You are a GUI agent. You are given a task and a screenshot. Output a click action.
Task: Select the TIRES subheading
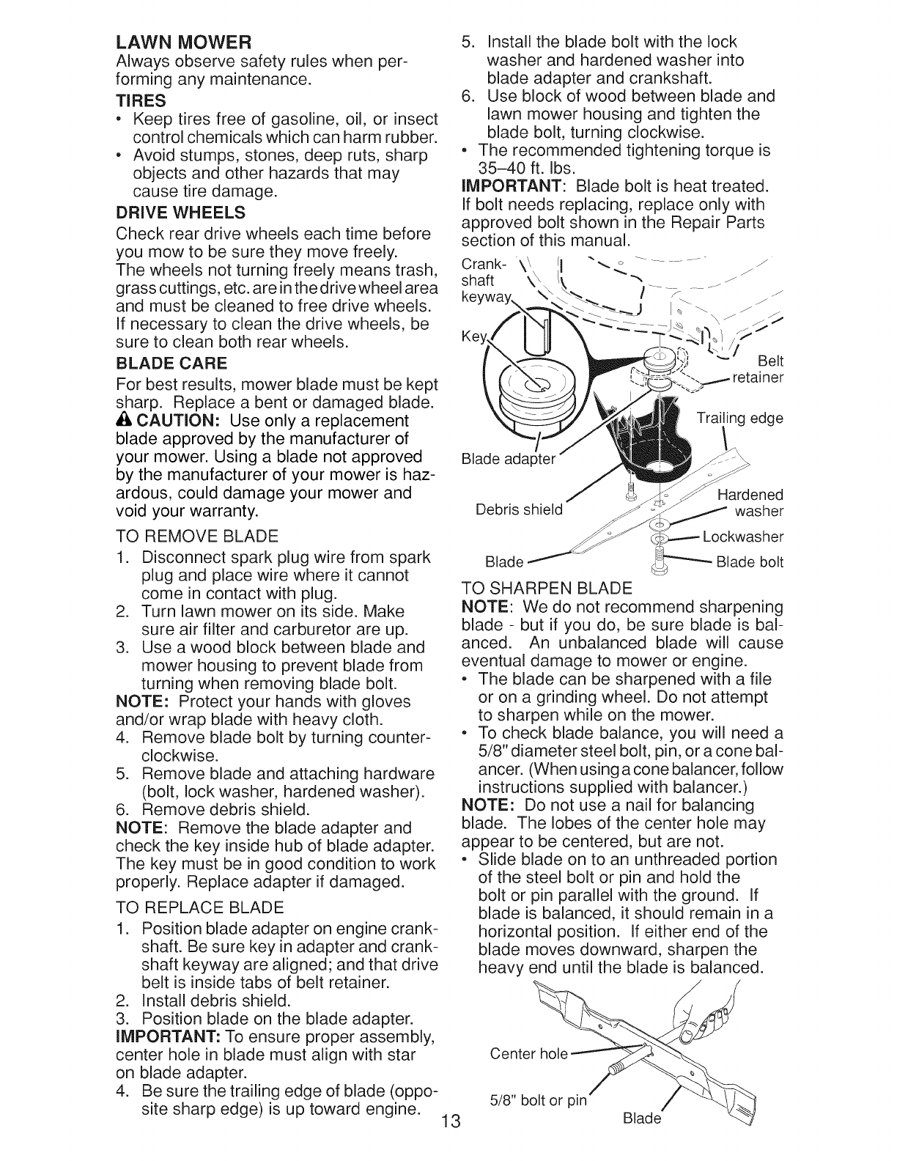click(x=141, y=100)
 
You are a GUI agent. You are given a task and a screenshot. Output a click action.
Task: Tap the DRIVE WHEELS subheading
click(x=180, y=213)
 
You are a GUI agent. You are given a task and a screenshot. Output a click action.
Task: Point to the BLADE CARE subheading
click(x=171, y=364)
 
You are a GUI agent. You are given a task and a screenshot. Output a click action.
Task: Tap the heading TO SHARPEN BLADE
click(x=547, y=588)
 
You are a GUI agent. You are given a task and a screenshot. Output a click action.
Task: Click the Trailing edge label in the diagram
click(x=739, y=419)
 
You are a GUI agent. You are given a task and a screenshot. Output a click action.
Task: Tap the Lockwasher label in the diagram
click(x=742, y=537)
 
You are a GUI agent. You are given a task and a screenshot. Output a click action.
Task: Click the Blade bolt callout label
click(x=749, y=562)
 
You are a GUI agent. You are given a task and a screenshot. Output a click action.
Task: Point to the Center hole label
click(x=528, y=1053)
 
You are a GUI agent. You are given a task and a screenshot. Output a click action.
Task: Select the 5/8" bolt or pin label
click(x=538, y=1100)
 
